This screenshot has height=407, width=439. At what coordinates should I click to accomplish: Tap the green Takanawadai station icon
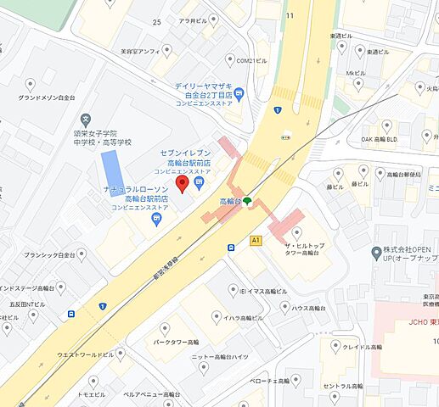point(247,202)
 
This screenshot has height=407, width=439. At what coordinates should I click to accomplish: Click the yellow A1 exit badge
point(255,241)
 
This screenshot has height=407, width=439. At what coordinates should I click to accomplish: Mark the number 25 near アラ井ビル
point(155,21)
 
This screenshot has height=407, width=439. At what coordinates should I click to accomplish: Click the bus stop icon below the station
point(231,247)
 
